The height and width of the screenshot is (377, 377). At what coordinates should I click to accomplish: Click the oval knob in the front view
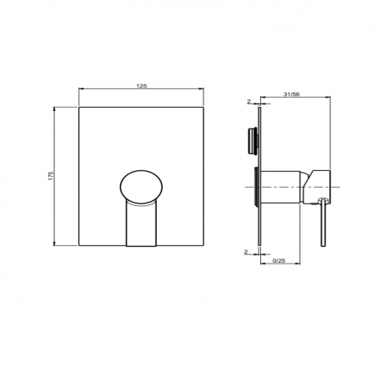coord(142,185)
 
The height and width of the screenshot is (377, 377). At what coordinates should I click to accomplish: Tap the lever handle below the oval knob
coord(142,224)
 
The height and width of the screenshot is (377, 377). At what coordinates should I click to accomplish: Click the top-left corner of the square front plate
coord(78,106)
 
